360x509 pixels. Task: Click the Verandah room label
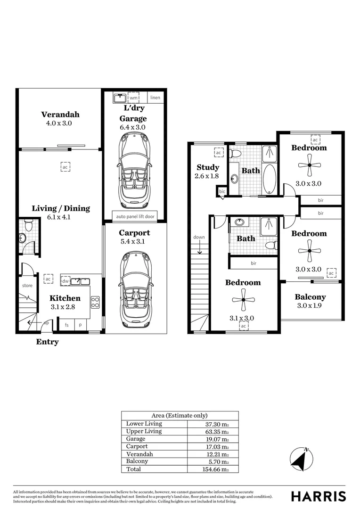[60, 114]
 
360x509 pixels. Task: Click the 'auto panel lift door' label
[135, 217]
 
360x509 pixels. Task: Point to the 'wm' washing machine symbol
[133, 98]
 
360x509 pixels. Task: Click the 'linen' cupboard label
[155, 98]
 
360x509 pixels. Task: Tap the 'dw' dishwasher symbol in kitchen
[65, 281]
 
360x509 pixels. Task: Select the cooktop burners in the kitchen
[95, 302]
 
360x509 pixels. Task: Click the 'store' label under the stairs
[27, 286]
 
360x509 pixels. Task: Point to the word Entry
[47, 342]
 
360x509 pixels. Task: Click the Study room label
[208, 167]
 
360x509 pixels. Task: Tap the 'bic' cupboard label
[222, 192]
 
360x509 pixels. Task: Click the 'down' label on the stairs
[199, 237]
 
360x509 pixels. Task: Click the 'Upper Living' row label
[144, 431]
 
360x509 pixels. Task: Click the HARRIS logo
[318, 496]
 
